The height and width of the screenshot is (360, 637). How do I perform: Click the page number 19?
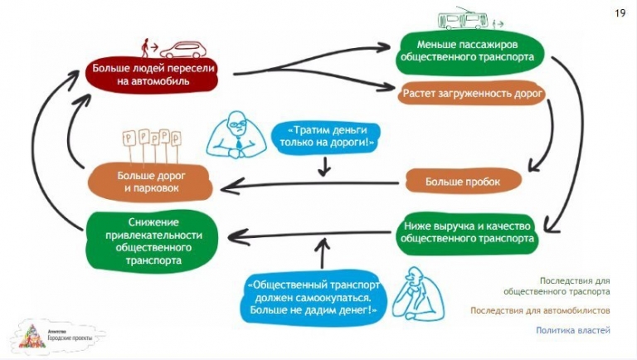620,13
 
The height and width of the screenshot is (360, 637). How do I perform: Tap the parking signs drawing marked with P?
151,144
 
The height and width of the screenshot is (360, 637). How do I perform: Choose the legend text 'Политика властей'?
573,330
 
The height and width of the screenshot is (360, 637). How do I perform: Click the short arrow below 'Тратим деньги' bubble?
324,167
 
